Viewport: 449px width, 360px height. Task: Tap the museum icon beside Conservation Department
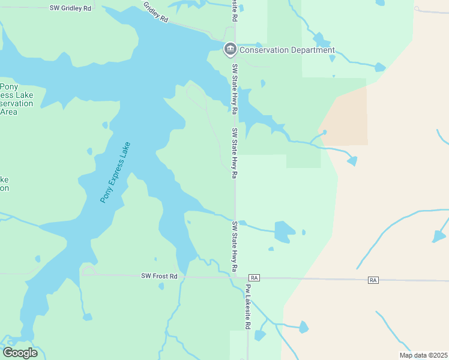(230, 49)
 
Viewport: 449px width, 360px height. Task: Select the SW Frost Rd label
(160, 276)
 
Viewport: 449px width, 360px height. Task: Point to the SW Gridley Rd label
(71, 8)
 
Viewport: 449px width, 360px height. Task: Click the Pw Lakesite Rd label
(247, 306)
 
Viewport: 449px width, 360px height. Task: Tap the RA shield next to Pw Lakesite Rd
(255, 278)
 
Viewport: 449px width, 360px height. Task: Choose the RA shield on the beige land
(374, 280)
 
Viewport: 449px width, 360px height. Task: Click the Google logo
(20, 353)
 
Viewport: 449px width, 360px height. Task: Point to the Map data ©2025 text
(423, 355)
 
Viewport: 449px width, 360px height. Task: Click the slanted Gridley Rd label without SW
(156, 11)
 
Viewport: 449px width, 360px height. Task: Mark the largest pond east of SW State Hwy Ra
(285, 231)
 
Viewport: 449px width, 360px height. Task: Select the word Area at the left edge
(8, 112)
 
